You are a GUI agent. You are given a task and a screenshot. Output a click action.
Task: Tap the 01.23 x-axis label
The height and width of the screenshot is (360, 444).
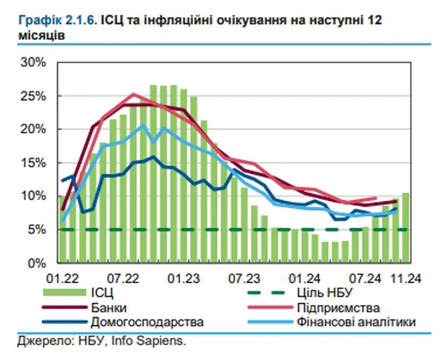point(184,279)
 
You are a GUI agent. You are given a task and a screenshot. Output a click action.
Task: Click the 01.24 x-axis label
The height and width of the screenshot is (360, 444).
point(306,279)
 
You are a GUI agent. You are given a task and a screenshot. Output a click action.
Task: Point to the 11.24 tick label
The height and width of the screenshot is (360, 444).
point(406,279)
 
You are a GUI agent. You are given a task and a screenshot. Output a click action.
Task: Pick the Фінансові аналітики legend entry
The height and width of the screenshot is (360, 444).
point(358,322)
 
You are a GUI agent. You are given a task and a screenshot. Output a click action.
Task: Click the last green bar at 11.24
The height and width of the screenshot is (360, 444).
point(406,227)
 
